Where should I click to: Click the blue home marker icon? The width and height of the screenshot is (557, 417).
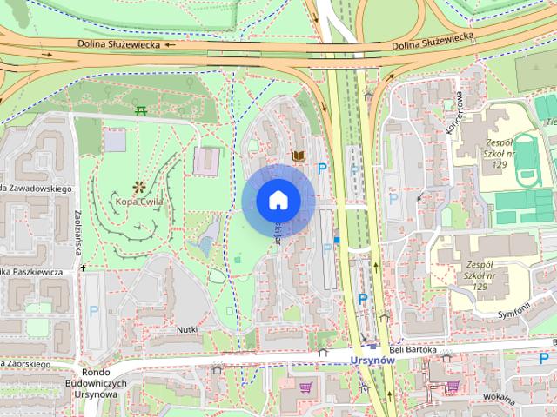click(278, 201)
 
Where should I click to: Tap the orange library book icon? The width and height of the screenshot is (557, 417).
click(299, 156)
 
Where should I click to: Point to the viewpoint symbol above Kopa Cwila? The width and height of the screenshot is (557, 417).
click(138, 186)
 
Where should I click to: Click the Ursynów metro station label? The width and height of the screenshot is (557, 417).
click(372, 361)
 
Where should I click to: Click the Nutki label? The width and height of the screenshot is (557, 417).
click(188, 329)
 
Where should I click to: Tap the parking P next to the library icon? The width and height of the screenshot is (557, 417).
click(322, 169)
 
